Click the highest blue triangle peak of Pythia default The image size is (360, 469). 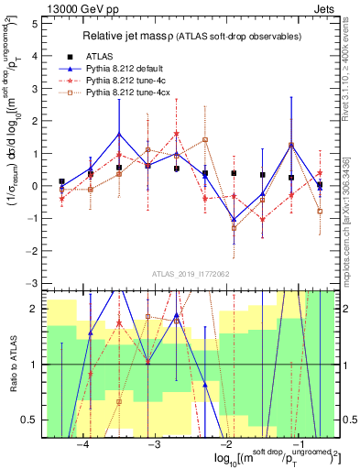(119, 134)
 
